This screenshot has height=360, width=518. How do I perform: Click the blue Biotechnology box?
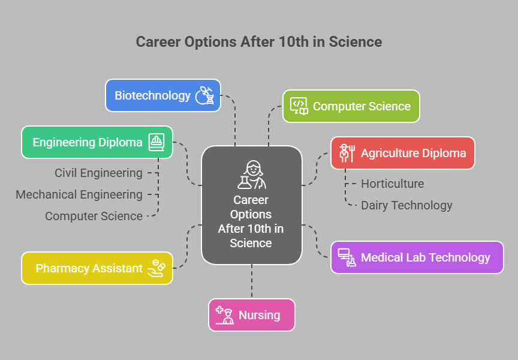(x=163, y=95)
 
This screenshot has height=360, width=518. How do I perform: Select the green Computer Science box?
(x=351, y=106)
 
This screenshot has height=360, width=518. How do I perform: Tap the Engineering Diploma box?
(x=97, y=142)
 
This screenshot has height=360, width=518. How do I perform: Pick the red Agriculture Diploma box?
(x=403, y=153)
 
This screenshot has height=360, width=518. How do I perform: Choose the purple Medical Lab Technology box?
(x=417, y=257)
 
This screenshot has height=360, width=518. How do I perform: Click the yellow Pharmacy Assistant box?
(x=97, y=268)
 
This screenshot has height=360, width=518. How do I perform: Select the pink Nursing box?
(x=252, y=315)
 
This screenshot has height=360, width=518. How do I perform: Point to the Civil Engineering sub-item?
(x=98, y=173)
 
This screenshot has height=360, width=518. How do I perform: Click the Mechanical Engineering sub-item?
(x=79, y=194)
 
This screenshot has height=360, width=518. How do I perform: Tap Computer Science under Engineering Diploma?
(x=94, y=216)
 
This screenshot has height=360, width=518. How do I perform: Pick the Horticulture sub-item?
(x=393, y=184)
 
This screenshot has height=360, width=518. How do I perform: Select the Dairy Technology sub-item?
(x=406, y=205)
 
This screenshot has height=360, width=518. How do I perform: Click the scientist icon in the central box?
(x=252, y=175)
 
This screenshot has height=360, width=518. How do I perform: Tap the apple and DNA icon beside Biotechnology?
(x=204, y=95)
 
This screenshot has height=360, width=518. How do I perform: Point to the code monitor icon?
(x=299, y=106)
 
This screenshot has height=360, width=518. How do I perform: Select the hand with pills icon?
(x=156, y=268)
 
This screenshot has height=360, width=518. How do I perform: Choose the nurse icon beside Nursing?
(x=225, y=315)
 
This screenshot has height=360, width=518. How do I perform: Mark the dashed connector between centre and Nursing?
(x=252, y=281)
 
